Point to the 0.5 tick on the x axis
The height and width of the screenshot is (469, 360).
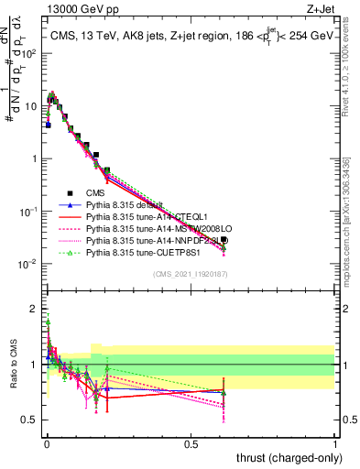coord(191,443)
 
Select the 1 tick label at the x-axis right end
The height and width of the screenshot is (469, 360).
coord(335,443)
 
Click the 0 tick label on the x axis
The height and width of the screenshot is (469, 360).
coord(47,443)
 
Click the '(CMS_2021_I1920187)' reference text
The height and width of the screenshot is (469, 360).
coord(191,274)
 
